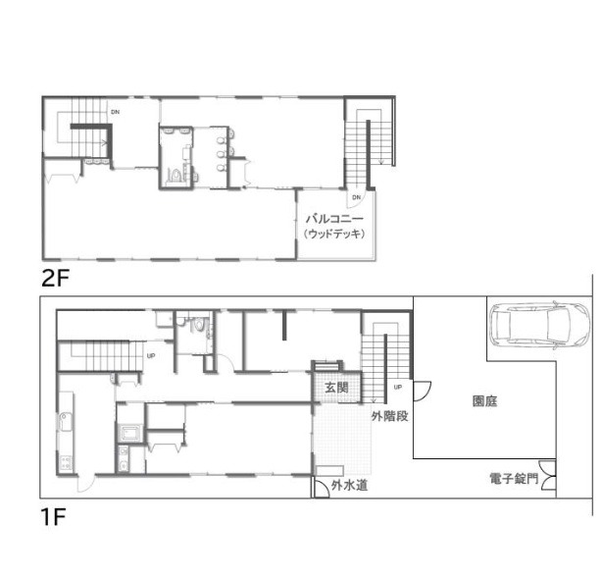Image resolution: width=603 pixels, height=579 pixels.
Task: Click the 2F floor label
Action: (55, 279)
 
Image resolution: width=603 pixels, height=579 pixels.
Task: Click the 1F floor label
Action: (53, 517)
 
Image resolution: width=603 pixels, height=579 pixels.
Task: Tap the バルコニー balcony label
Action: (334, 220)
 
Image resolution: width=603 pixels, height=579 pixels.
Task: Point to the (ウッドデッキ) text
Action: (333, 234)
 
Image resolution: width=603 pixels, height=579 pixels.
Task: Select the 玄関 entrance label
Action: (336, 388)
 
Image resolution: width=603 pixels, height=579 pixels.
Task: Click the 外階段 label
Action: (389, 416)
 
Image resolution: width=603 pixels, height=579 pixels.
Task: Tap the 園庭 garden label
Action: (484, 401)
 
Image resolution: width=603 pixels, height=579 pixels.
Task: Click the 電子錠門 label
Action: (514, 479)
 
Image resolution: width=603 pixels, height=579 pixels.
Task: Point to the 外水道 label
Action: (349, 486)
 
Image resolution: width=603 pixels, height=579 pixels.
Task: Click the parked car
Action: (540, 325)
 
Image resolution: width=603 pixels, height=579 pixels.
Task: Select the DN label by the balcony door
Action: (357, 197)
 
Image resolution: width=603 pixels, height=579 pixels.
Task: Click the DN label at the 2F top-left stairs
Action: (115, 112)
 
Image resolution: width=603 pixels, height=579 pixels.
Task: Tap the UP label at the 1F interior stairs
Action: (151, 355)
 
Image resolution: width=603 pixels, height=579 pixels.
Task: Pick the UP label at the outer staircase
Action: (398, 387)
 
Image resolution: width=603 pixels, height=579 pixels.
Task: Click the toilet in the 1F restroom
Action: (198, 324)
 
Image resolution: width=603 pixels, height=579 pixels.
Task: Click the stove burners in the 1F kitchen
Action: (66, 462)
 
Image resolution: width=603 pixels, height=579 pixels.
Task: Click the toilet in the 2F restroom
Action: (175, 176)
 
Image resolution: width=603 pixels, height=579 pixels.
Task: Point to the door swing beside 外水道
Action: (320, 488)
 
